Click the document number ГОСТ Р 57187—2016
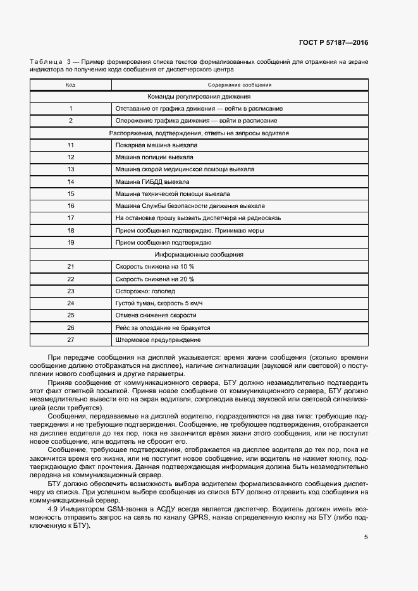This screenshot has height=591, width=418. [333, 43]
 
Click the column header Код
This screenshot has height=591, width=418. [71, 85]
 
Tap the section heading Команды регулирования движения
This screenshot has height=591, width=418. [199, 97]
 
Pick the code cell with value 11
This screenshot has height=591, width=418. [71, 145]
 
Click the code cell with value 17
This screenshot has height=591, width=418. [71, 218]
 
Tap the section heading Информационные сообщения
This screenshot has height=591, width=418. [199, 255]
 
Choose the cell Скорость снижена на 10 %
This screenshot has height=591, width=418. [154, 267]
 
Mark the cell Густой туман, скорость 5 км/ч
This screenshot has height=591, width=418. [159, 303]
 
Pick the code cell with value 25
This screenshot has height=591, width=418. [71, 315]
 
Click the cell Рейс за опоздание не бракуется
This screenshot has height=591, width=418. [163, 328]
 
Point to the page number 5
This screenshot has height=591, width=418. [366, 537]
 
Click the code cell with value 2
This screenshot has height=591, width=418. [71, 121]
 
